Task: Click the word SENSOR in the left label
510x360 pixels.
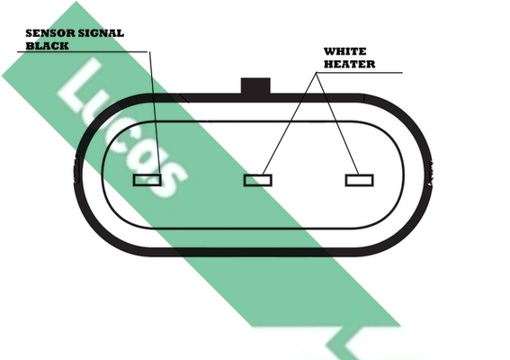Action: pos(50,33)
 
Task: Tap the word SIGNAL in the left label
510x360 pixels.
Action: pos(101,33)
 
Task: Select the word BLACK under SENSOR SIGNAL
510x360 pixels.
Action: pos(47,46)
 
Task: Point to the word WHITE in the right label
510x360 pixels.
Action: pos(344,51)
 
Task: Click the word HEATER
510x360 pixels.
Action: pos(349,64)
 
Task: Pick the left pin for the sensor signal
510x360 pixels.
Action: pos(147,180)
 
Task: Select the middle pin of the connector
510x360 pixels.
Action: pos(258,180)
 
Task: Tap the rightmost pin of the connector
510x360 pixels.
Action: pos(360,180)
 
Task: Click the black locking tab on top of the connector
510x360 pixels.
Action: pos(255,86)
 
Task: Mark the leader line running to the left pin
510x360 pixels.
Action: pos(154,112)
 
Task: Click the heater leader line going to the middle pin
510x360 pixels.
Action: pos(290,123)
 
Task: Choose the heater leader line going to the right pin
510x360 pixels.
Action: pos(337,123)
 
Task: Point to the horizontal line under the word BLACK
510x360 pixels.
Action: pos(83,52)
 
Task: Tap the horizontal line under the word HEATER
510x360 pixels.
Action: pos(360,72)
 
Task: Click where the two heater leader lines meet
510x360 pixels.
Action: pos(317,73)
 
